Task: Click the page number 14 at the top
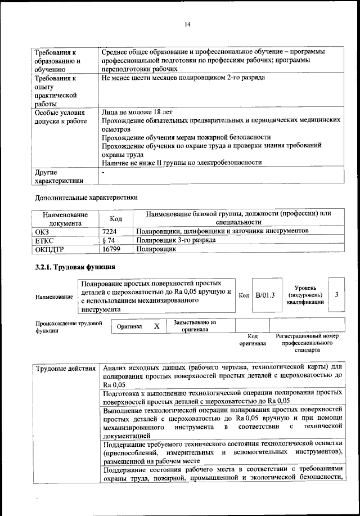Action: coord(187,24)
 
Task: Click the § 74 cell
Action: coord(109,240)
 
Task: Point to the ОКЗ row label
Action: coord(43,231)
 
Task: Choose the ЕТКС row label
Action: coord(45,240)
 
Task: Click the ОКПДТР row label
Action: coord(50,248)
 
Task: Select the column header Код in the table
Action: coord(116,218)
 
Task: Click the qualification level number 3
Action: coord(336,294)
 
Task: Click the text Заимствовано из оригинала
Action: coord(195,326)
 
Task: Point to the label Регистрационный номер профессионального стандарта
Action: coord(307,342)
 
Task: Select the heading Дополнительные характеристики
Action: coord(85,198)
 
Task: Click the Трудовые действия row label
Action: coord(65,369)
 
